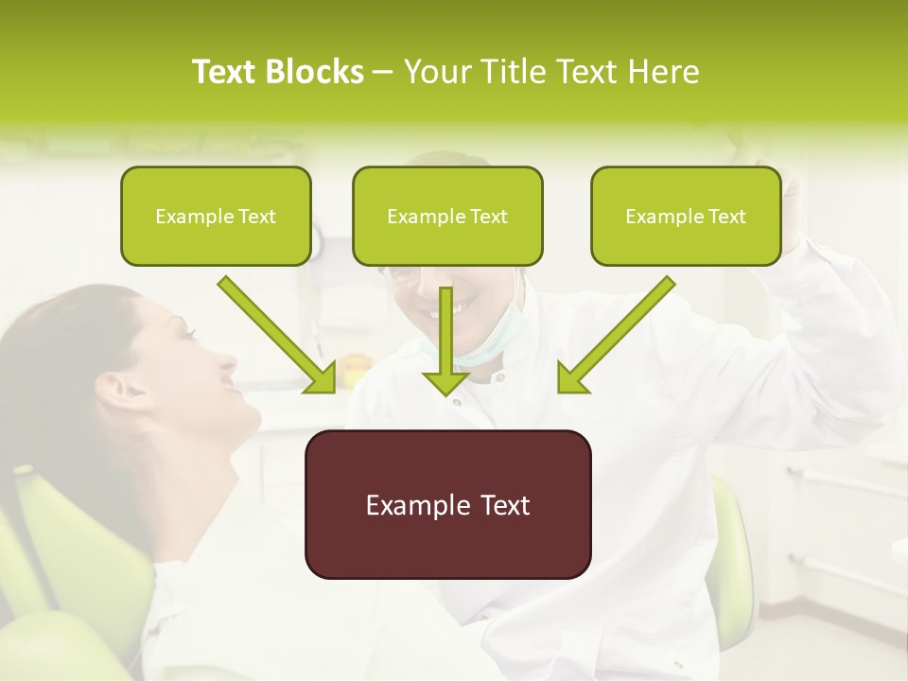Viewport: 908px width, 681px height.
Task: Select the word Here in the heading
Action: (x=665, y=72)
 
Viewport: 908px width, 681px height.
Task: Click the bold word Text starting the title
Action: (x=227, y=72)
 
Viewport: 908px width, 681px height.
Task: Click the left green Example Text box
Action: (x=216, y=216)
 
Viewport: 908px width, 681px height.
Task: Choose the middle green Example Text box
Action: (x=447, y=216)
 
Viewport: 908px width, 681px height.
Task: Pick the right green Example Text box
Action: (x=686, y=216)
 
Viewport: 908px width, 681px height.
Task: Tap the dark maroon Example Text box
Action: (x=447, y=504)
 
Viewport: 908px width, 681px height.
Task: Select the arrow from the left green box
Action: (x=277, y=335)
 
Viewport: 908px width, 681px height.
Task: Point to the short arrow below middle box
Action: (x=446, y=359)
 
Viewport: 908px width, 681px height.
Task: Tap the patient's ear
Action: (x=112, y=388)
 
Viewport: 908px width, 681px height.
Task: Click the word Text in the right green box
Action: (x=726, y=217)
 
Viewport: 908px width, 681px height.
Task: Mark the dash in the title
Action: (x=384, y=72)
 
